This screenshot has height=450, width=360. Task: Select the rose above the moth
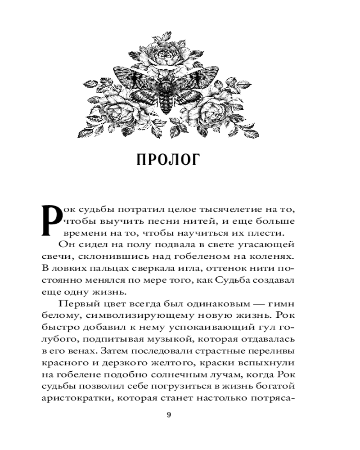(x=168, y=56)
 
